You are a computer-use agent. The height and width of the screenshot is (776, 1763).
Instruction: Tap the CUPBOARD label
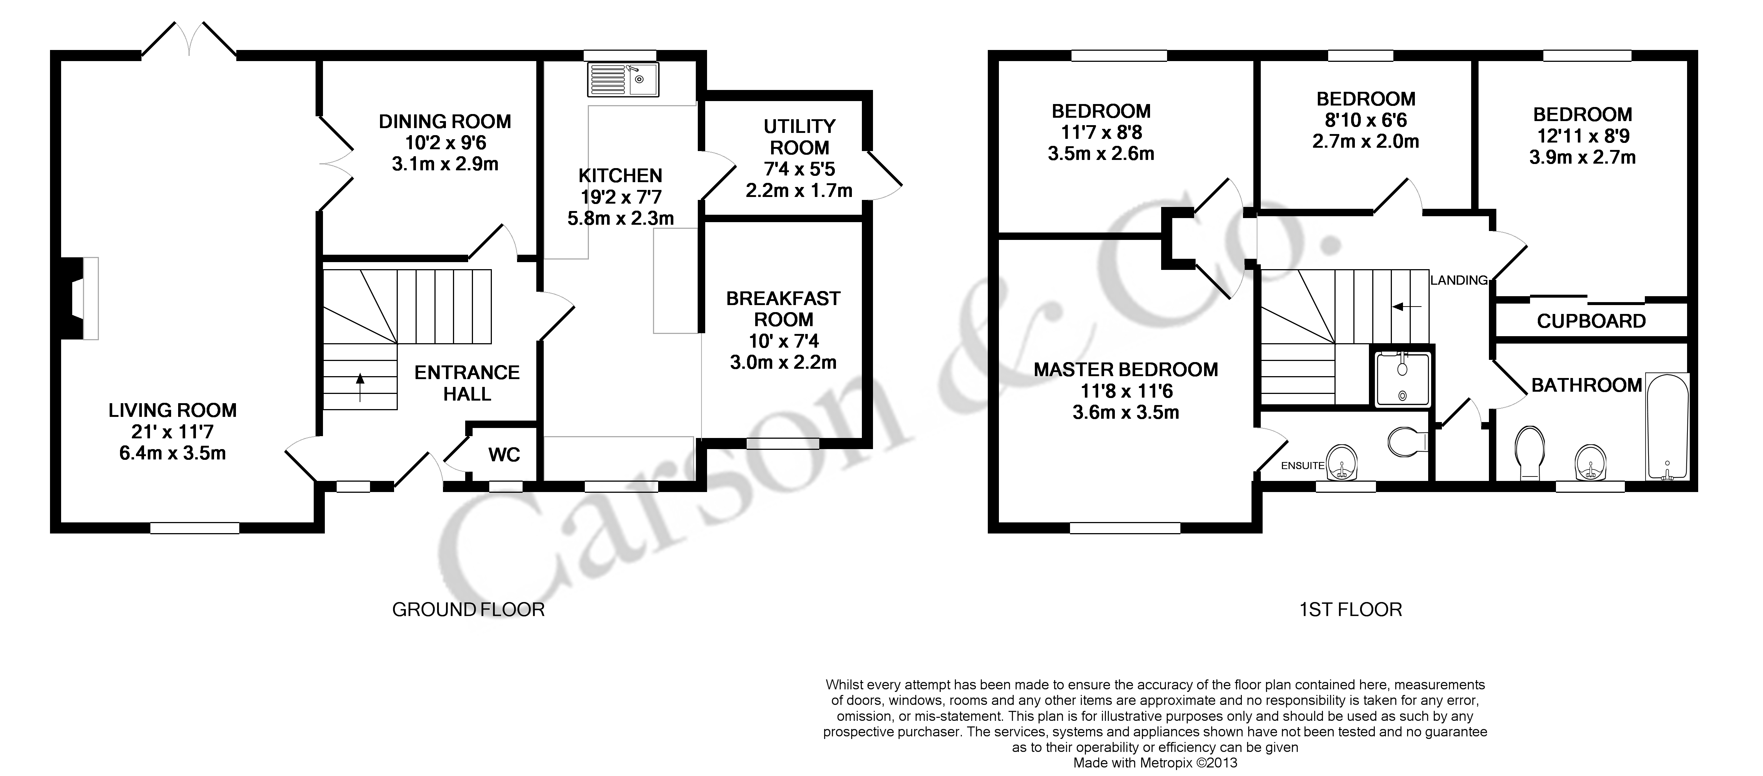1591,321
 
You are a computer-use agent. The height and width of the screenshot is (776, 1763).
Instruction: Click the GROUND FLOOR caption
468,609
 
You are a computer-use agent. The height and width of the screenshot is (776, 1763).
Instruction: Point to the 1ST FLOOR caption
1350,609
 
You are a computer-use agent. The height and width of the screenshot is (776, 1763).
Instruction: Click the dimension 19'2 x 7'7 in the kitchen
621,197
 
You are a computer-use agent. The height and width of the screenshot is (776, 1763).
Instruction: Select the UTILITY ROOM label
799,137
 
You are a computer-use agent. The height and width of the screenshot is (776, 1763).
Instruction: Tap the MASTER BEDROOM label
1126,369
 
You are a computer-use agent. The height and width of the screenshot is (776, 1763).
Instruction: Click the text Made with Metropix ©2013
1155,762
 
